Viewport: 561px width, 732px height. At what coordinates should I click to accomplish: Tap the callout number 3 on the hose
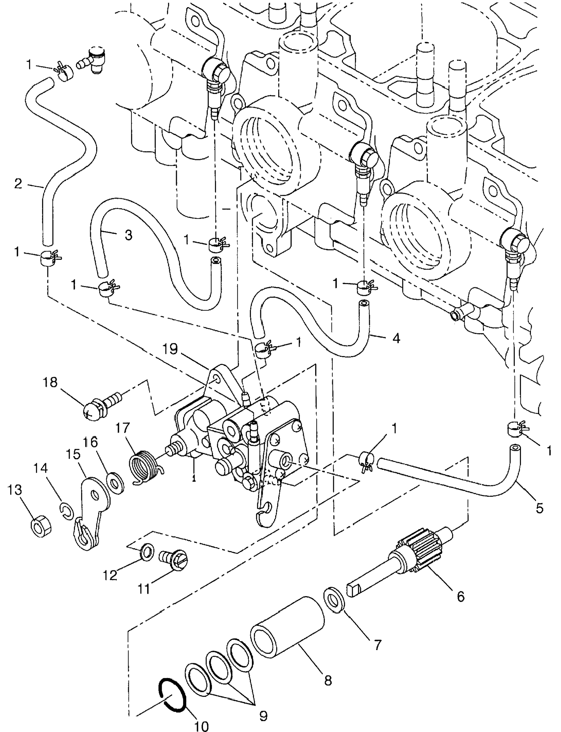[x=128, y=235]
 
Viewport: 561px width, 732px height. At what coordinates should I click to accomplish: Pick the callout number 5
[x=539, y=508]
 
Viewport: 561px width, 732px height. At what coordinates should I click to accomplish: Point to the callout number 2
[x=18, y=184]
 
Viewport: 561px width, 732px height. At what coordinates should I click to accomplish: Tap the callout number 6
[x=460, y=596]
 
